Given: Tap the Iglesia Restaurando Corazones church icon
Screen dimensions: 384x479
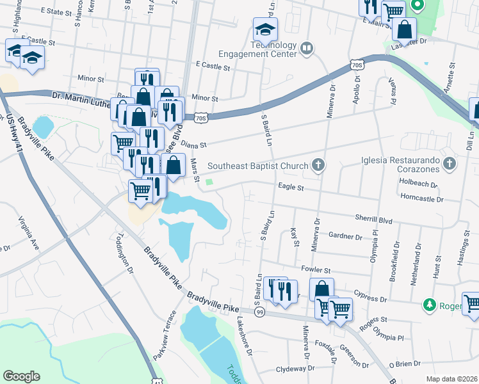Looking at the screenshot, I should pos(450,164).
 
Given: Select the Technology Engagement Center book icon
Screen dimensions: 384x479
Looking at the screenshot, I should pos(307,49).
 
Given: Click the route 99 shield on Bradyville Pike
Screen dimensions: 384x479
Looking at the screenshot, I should pos(259,312).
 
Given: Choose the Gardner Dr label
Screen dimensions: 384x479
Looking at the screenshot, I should pos(345,236).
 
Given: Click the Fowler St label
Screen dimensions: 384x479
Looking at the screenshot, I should pos(317,271).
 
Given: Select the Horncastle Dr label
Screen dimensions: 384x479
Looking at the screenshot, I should pos(421,200).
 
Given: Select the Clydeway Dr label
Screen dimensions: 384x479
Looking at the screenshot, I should pos(296,370).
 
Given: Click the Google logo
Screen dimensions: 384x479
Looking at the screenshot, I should pos(22,376).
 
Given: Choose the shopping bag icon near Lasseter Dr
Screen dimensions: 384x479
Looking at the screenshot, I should pos(405,29).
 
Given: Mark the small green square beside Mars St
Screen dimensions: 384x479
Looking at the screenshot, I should pos(209,184).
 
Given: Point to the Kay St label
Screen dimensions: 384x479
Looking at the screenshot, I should pos(295,237).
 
